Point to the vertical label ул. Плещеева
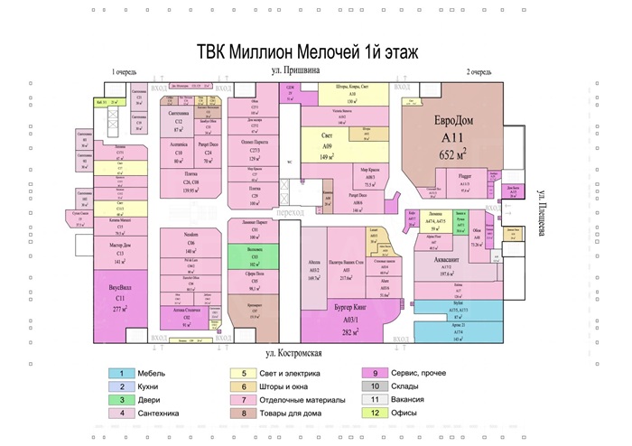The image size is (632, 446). coord(542,214)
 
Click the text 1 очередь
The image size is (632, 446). coord(127,71)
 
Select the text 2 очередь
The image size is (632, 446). coord(479,71)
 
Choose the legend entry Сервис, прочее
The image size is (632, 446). coord(421,373)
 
